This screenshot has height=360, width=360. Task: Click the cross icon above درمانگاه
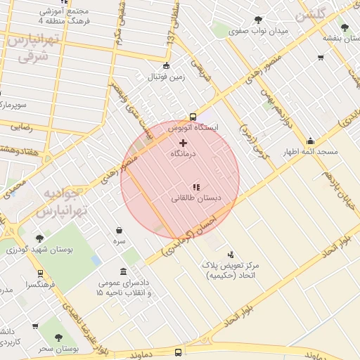[x=184, y=143]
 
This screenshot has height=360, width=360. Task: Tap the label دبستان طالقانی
[x=196, y=199]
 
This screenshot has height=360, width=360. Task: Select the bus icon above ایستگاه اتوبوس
[x=193, y=117]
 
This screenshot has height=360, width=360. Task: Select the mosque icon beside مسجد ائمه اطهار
[x=310, y=141]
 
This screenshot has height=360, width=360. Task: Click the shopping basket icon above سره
[x=119, y=230]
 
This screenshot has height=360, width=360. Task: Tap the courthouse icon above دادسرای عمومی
[x=124, y=272]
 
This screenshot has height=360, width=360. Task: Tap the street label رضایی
[x=21, y=127]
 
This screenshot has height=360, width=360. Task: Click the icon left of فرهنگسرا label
[x=40, y=274]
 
